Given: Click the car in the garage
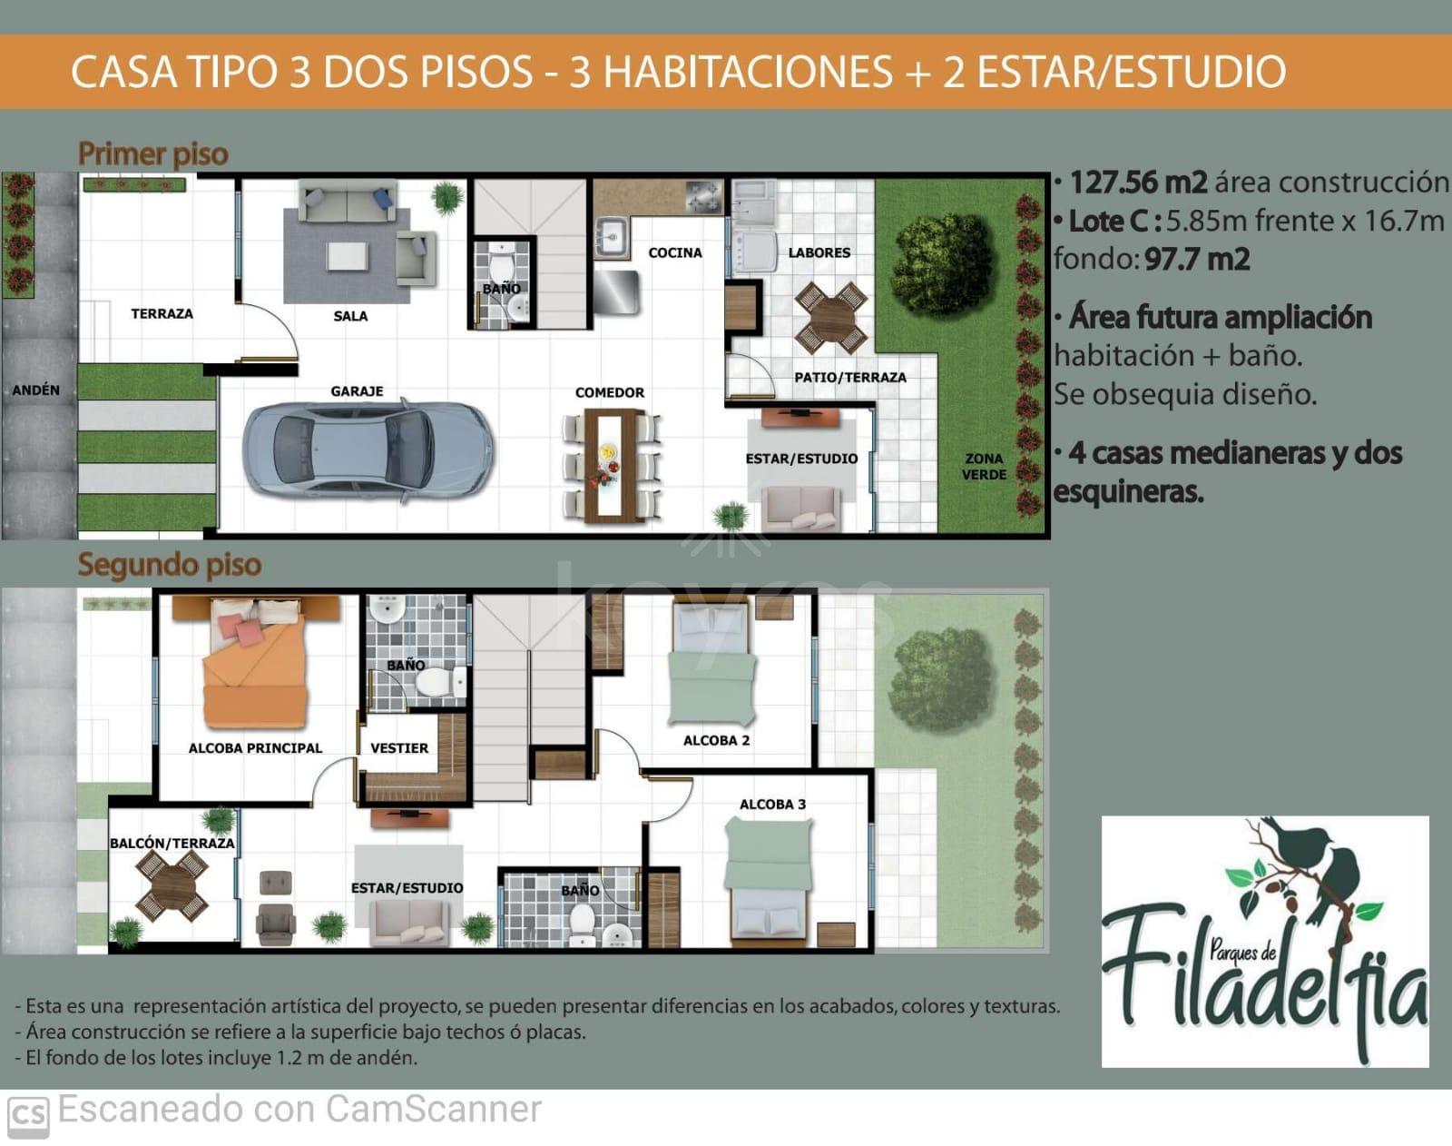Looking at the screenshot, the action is [368, 449].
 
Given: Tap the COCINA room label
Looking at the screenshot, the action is [674, 252].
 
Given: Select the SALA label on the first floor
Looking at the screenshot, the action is [350, 315].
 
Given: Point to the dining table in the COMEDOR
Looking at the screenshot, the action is [612, 466].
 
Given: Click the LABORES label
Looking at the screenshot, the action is [819, 252].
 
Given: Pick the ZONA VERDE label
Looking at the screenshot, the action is [984, 466].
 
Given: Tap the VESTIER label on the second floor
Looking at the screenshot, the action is [398, 748].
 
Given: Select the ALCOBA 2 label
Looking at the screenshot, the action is [716, 740].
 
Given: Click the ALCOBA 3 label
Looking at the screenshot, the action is [772, 805].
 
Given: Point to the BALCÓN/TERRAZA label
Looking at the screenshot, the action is [172, 843].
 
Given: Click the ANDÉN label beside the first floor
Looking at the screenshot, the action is [35, 390].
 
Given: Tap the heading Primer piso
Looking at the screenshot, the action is [153, 153].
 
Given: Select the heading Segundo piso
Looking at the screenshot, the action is [170, 565].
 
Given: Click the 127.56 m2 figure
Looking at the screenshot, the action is [1138, 183].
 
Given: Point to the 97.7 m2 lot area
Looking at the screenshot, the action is [1198, 259].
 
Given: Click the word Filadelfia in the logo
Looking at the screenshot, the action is [1264, 979].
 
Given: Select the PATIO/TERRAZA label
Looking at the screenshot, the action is [850, 378].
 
